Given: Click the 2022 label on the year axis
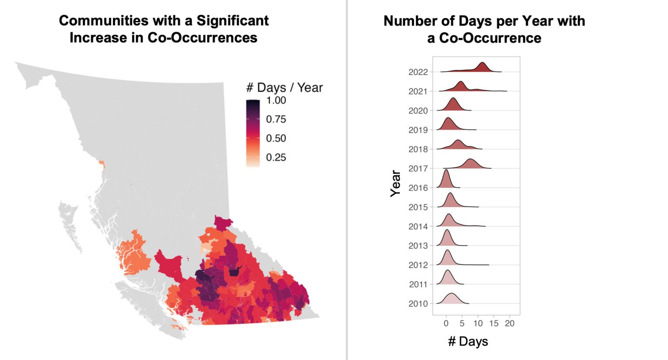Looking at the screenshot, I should tap(418, 72).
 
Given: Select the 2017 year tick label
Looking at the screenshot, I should tap(418, 169).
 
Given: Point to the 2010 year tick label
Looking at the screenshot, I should tap(418, 304).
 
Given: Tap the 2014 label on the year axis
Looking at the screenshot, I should tap(418, 227).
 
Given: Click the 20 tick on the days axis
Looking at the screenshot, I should tap(510, 323).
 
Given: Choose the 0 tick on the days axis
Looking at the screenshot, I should tap(446, 323).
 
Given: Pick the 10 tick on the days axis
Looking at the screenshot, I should tap(478, 323).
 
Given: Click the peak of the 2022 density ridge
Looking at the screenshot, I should tap(482, 63).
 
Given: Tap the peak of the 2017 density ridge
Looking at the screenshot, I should tap(470, 160).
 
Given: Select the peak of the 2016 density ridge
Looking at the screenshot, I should tap(446, 170).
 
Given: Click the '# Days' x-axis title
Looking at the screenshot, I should tap(468, 342).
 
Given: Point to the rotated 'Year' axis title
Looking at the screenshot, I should tap(395, 183).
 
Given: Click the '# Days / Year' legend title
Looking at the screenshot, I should tap(284, 88).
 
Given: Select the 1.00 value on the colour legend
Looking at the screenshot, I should tap(276, 100).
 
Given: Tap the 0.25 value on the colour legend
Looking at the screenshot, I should tap(276, 158).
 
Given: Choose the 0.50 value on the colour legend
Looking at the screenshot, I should tap(276, 139).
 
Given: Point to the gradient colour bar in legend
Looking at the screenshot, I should tap(253, 133).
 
